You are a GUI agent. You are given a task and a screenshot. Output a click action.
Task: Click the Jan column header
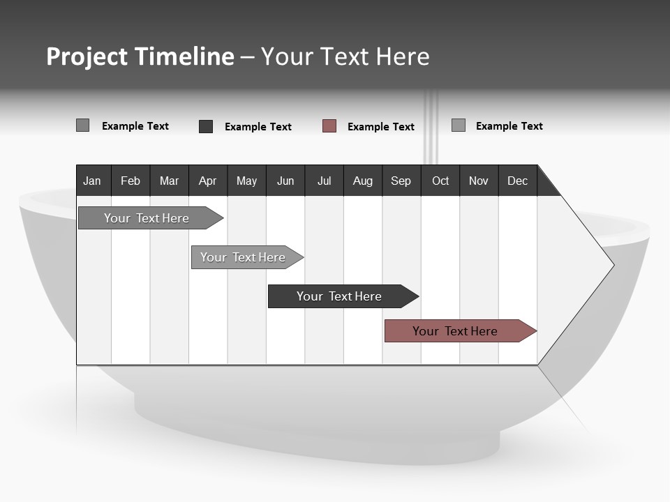point(93,181)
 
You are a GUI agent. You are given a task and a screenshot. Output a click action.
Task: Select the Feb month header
point(131,181)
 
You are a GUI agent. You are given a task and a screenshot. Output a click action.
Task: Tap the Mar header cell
point(169,181)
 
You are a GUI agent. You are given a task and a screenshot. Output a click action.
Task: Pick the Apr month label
point(208,181)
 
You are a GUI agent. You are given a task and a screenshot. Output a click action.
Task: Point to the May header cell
point(246,181)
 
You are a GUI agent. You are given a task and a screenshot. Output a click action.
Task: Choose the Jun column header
point(285,181)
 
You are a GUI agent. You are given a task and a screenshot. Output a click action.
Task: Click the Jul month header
point(324,181)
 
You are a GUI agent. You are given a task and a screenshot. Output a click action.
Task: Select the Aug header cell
point(363,181)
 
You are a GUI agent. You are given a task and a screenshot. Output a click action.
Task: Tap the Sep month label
point(401,181)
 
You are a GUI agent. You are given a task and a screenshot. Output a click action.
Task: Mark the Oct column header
point(440,181)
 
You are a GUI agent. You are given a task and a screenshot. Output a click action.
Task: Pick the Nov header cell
point(479,181)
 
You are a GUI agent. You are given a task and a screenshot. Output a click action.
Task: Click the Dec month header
point(518,181)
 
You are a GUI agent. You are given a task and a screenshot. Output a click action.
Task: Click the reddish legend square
point(329,126)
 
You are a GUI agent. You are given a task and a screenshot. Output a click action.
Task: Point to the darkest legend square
point(206,126)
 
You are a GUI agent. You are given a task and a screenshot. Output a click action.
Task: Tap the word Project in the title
point(87,56)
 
